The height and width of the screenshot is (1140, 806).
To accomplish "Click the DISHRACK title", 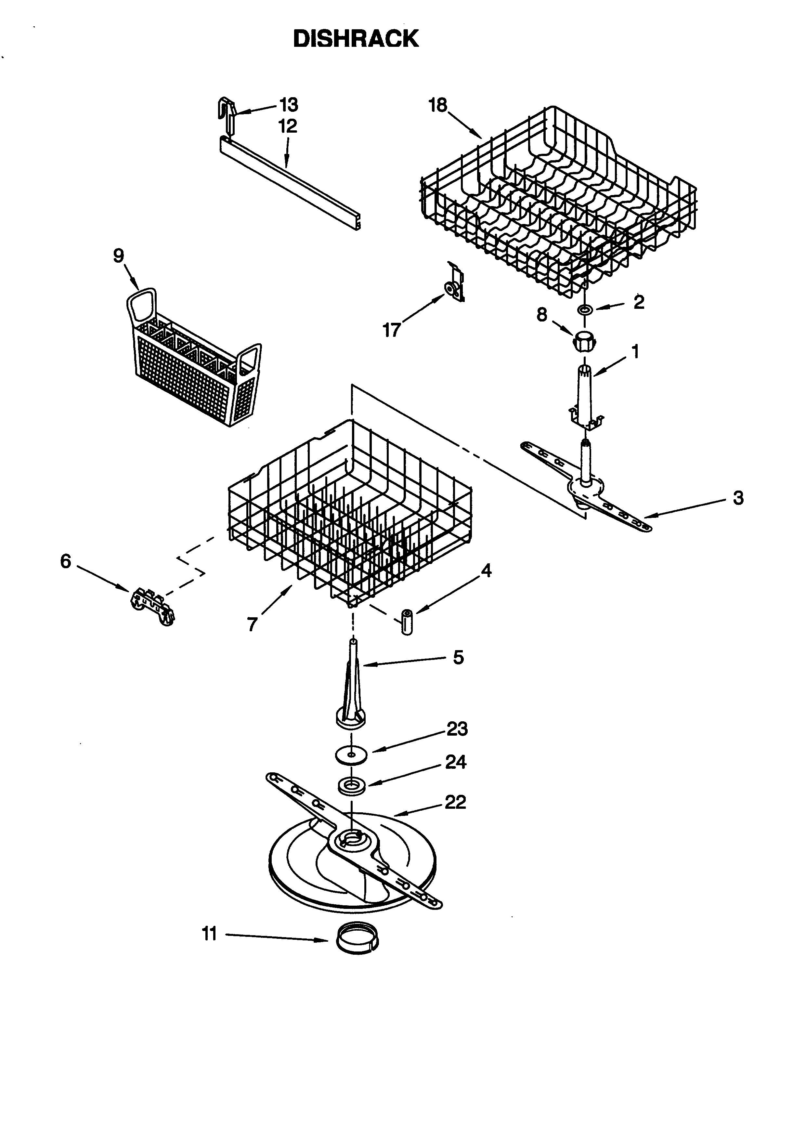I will pos(356,39).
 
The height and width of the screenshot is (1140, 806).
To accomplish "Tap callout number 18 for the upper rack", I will pos(438,105).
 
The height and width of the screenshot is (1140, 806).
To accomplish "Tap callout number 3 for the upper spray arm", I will pos(738,497).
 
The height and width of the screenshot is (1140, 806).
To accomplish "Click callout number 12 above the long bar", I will pos(288,126).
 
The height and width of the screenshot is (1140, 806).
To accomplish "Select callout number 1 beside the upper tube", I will pos(635,351).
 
